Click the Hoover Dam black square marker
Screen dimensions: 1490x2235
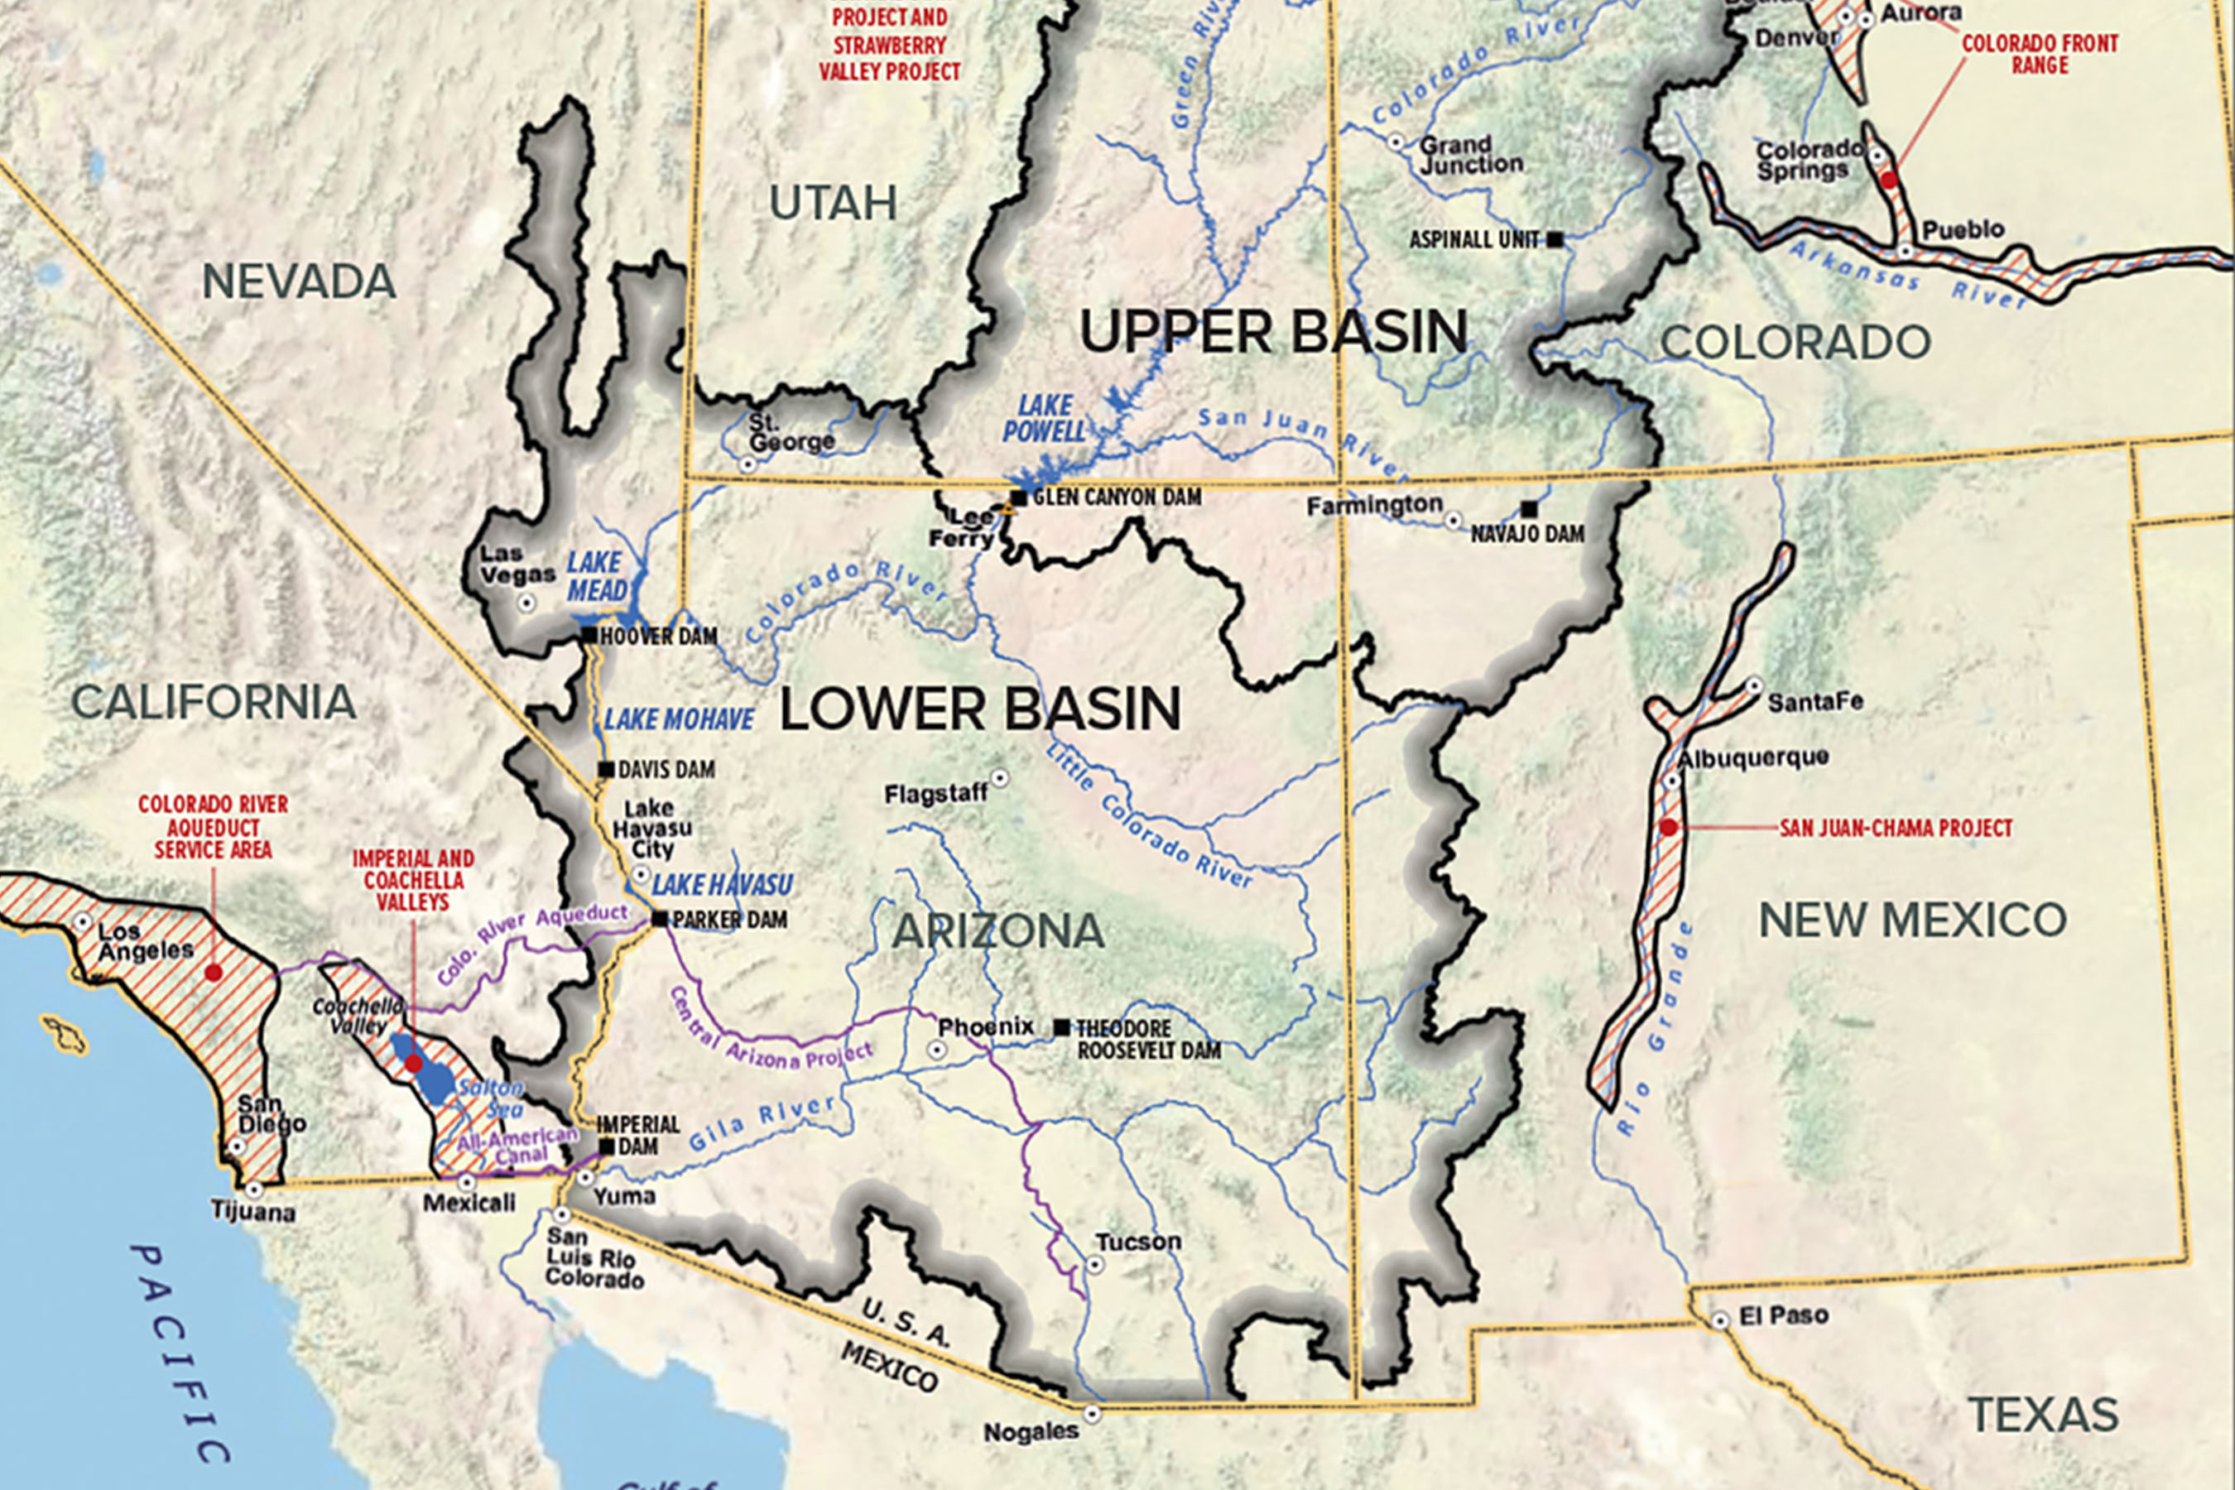(x=589, y=635)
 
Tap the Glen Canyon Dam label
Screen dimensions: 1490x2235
(x=1117, y=497)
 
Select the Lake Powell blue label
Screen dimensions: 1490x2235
(x=1043, y=419)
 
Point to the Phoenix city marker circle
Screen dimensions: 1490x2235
(x=937, y=1050)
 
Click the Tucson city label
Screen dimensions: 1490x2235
(x=1138, y=1242)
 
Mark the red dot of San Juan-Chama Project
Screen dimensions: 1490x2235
(x=1669, y=828)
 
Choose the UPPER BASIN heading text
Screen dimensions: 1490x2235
(x=1273, y=332)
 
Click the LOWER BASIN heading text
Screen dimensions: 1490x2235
(x=980, y=709)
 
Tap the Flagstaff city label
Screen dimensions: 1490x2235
(x=936, y=794)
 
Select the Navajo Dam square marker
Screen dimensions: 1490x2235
(x=1529, y=509)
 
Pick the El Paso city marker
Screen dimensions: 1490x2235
(x=1720, y=1321)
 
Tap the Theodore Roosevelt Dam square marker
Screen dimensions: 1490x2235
(x=1061, y=1027)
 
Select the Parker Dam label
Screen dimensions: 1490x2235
(x=728, y=920)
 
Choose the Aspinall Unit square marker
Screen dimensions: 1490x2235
(x=1555, y=239)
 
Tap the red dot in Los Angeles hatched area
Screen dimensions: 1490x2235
(x=214, y=973)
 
